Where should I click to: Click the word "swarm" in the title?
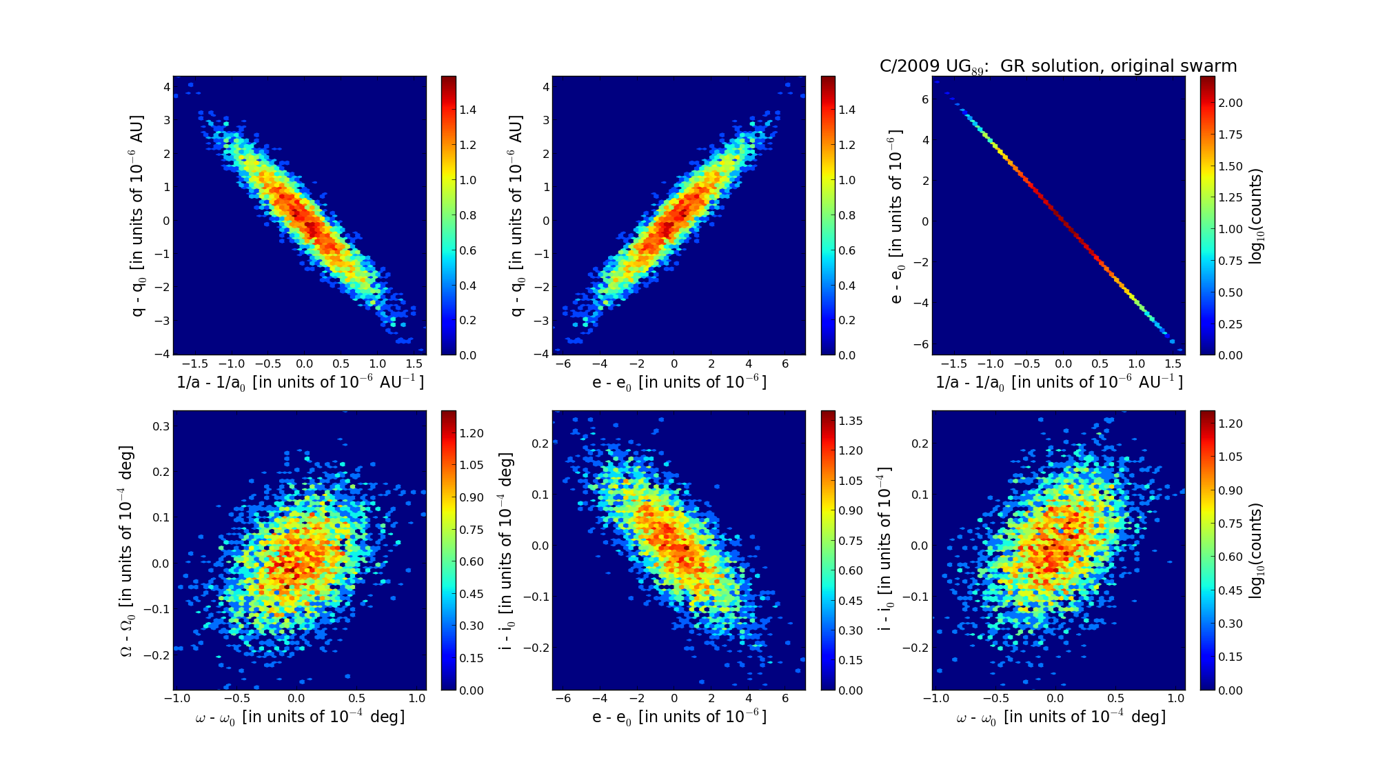tap(1211, 66)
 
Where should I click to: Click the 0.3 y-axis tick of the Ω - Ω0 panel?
tap(161, 426)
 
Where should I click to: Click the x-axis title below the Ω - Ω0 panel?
tap(300, 717)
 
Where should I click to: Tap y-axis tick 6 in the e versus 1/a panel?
tap(924, 99)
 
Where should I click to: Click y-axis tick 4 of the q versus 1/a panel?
tap(166, 87)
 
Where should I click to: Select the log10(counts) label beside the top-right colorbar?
tap(1256, 216)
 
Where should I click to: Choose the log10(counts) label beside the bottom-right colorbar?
tap(1256, 550)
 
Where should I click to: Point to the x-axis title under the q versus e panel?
tap(679, 383)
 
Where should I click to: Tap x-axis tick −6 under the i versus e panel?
tap(563, 698)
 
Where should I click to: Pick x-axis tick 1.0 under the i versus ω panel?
tap(1175, 698)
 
